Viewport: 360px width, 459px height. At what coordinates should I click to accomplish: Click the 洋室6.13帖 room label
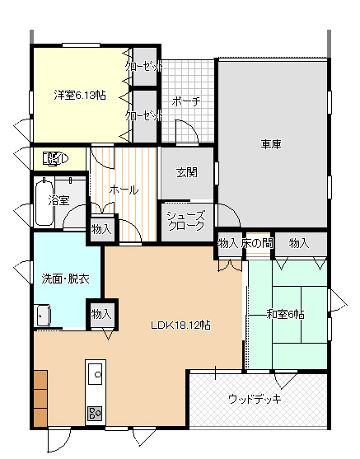coord(80,95)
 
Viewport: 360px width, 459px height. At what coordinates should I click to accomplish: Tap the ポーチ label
coord(186,101)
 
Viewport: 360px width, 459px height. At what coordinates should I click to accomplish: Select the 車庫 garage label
coord(271,144)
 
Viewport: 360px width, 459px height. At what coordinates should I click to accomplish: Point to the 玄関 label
coord(187,172)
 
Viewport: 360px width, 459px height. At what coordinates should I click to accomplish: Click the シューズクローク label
coord(186,221)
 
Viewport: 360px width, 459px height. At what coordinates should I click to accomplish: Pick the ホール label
coord(124,190)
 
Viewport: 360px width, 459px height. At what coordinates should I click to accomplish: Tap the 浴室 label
coord(58,200)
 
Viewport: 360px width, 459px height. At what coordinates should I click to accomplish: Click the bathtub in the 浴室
coord(44,203)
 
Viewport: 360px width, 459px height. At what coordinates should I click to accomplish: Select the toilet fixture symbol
coord(55,159)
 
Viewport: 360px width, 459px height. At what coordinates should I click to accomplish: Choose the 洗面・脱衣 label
coord(66,279)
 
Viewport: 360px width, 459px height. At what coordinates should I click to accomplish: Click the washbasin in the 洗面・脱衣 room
coord(43,316)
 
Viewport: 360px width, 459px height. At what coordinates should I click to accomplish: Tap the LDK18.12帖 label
coord(180,325)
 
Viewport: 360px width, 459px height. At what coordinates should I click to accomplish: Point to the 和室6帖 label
coord(285,315)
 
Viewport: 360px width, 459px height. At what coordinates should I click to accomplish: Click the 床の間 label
coord(257,243)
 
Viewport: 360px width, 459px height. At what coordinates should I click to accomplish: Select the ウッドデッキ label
coord(255,399)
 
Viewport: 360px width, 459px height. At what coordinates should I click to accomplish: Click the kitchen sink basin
coord(96,374)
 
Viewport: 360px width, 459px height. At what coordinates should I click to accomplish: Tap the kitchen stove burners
coord(95,414)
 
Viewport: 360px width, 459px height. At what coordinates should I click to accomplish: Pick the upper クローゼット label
coord(143,67)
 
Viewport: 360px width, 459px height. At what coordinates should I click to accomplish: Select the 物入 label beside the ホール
coord(101,229)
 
